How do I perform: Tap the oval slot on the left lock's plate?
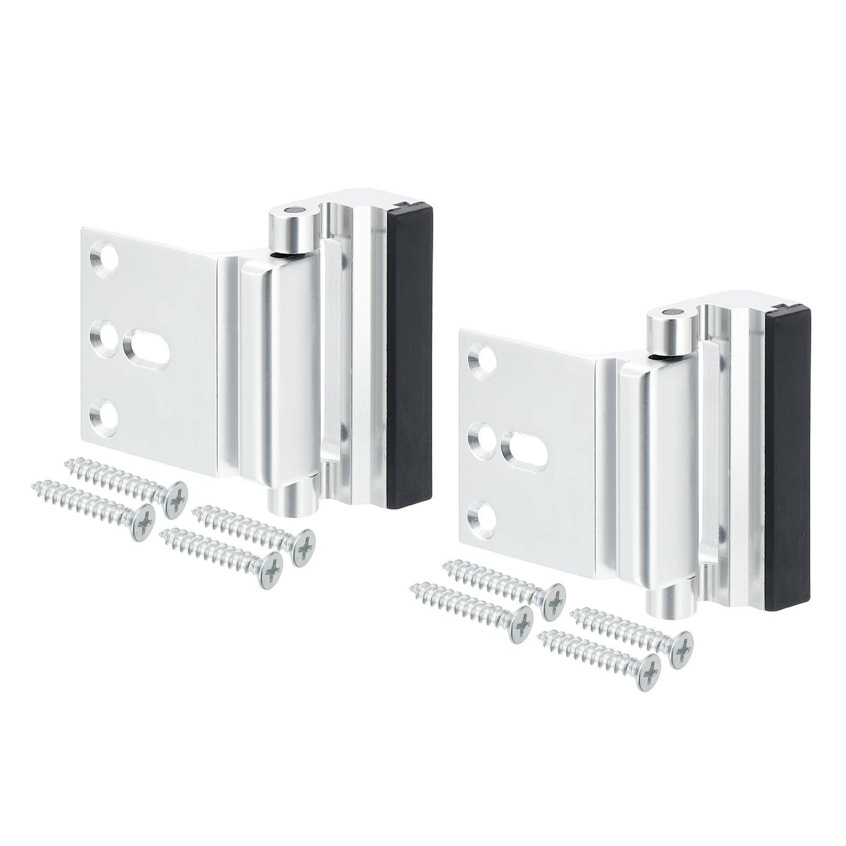tap(146, 349)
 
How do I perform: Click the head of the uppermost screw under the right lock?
tap(553, 601)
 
